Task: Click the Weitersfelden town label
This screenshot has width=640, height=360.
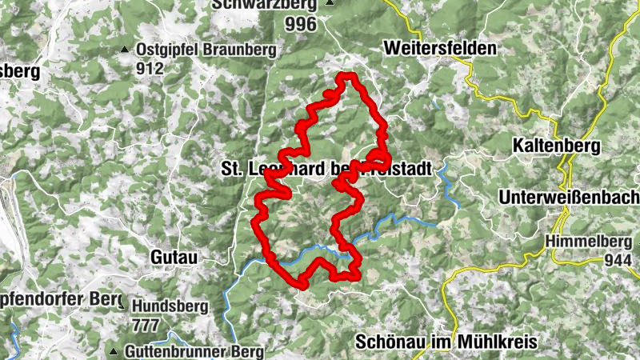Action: pos(440,48)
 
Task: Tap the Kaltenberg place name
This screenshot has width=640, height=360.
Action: pos(558,146)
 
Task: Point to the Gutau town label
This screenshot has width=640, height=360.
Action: pos(174,257)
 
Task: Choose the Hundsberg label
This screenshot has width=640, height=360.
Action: pos(170,306)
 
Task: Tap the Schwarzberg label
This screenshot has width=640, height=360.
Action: pos(264,5)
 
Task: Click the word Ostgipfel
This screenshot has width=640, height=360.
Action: pos(166,50)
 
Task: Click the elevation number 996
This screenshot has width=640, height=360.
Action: pos(300,24)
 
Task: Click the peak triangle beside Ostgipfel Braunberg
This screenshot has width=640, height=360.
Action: pos(125,50)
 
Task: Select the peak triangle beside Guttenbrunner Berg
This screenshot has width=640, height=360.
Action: pos(114,351)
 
